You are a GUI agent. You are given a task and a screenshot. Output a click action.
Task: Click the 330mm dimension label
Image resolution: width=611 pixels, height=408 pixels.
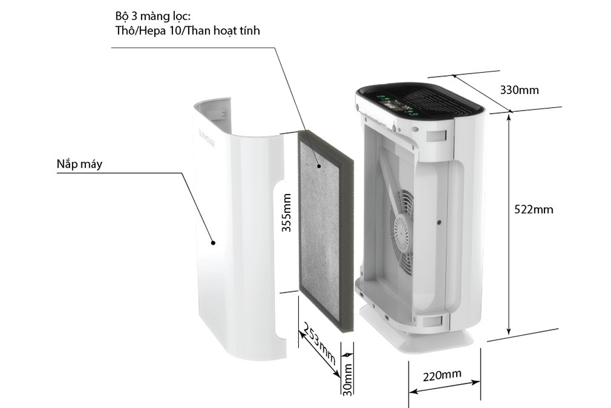point(519,90)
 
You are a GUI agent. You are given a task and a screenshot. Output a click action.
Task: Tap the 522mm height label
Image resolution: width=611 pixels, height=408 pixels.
point(533,210)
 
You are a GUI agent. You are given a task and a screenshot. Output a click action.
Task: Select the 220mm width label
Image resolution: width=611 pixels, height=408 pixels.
point(442,375)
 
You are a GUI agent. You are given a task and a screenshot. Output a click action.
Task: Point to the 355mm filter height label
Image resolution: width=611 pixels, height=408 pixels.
point(287,213)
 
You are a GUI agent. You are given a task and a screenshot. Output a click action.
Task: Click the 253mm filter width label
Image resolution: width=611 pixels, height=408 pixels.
point(319,347)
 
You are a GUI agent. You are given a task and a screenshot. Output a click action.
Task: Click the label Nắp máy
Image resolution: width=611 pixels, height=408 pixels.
point(79,164)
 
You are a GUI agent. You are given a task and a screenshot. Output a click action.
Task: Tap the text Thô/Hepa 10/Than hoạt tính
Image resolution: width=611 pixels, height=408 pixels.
point(187,30)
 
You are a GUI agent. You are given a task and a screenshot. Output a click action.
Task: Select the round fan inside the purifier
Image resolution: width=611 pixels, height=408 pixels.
point(402,233)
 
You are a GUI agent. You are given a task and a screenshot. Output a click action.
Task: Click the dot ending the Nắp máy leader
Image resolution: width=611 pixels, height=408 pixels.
point(213,242)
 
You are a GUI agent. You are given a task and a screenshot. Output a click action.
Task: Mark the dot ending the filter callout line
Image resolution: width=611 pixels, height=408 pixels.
point(320,166)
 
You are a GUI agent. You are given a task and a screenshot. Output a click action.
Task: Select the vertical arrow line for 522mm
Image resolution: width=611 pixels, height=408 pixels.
point(509,223)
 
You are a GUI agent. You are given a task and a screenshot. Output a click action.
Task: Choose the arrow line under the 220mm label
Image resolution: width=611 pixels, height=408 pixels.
point(445,389)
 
